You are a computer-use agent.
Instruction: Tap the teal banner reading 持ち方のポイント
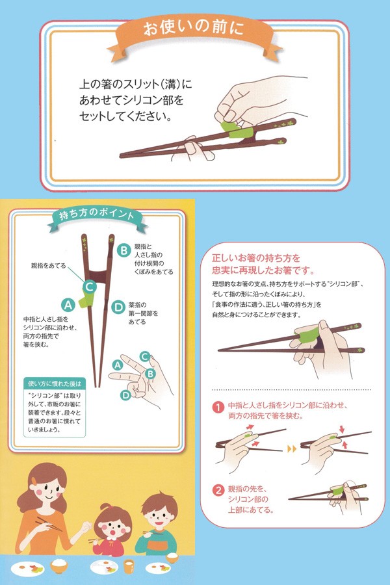(97, 218)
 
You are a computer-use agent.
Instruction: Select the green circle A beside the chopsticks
(68, 305)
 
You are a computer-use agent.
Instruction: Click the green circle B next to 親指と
(123, 250)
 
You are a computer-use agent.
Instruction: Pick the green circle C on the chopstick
(90, 287)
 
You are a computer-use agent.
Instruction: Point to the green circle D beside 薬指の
(118, 307)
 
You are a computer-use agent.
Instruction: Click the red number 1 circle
(218, 407)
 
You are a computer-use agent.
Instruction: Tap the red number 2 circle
(218, 490)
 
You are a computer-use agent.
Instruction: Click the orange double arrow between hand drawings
(292, 448)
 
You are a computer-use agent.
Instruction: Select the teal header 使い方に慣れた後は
(55, 383)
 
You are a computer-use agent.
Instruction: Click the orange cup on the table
(129, 566)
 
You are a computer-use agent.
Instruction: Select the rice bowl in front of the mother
(59, 566)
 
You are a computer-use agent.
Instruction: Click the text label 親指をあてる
(49, 266)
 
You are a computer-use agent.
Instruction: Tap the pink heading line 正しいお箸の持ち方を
(256, 258)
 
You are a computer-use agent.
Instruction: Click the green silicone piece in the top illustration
(237, 130)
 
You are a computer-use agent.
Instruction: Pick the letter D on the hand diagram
(125, 395)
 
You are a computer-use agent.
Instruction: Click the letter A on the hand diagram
(118, 365)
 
